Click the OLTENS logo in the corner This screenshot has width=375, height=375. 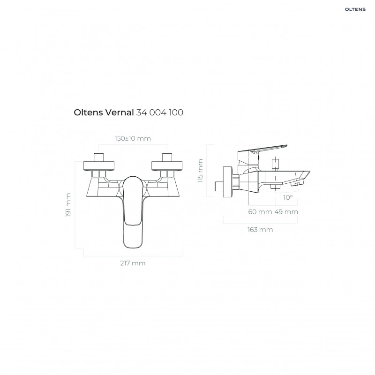click(355, 9)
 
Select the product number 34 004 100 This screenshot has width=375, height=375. click(160, 112)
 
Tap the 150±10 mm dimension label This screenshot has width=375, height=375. click(133, 138)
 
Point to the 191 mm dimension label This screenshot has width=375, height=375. click(68, 205)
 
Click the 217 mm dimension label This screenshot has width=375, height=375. click(133, 263)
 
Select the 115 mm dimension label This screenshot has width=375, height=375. click(200, 171)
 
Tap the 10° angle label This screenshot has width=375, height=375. click(288, 197)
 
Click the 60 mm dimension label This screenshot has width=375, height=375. click(260, 212)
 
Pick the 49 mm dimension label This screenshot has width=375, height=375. click(286, 212)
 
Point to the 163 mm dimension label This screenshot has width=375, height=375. click(260, 230)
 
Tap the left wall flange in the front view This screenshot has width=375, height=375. click(99, 166)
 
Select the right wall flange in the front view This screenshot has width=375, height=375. click(167, 166)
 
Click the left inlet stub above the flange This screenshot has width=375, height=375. click(99, 157)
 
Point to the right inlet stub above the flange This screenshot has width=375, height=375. click(167, 157)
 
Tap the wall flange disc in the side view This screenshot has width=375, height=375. click(227, 182)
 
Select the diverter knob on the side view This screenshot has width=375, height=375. click(276, 164)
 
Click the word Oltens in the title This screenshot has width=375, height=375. click(88, 112)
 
